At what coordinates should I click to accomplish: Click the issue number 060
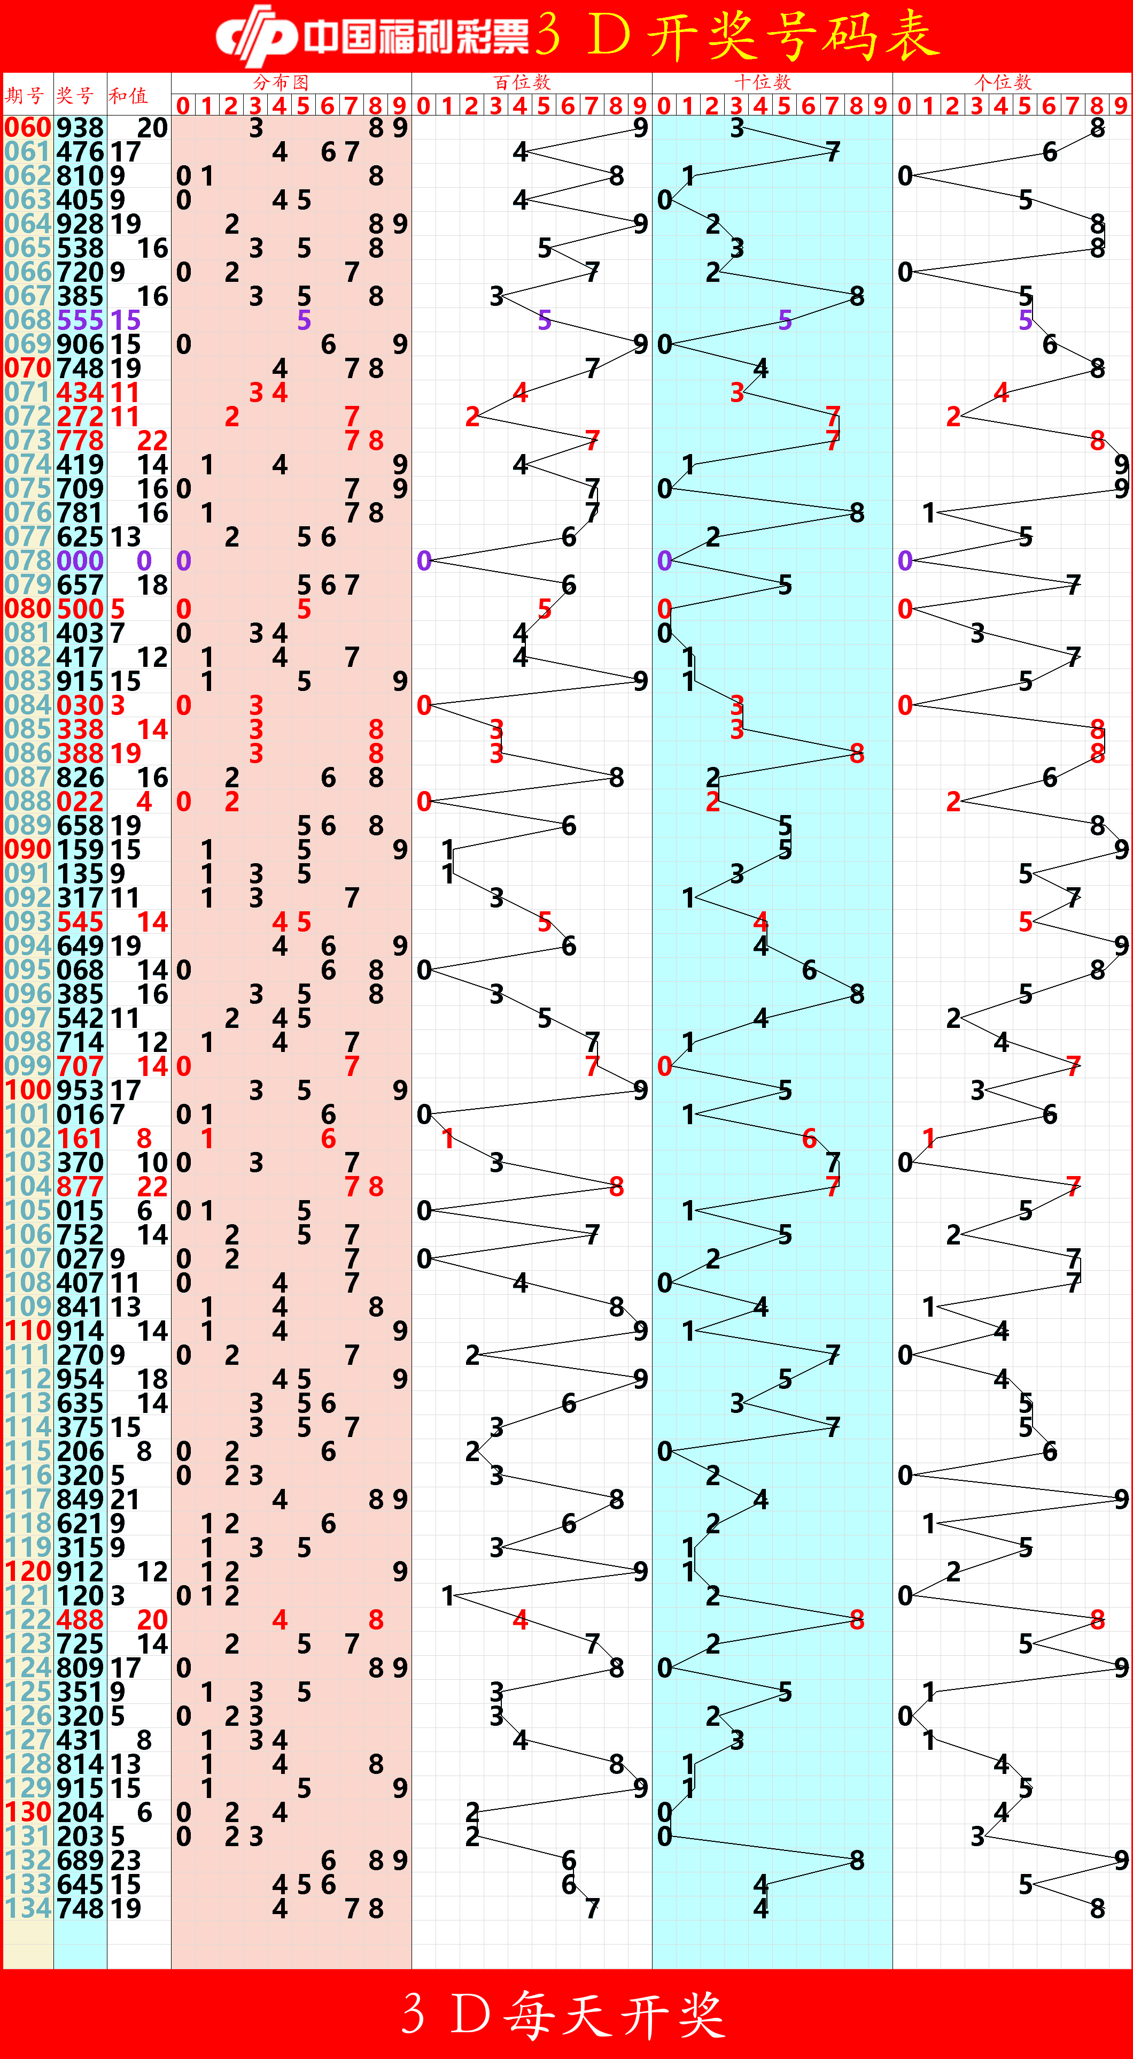click(x=28, y=128)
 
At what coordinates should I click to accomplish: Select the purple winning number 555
click(x=80, y=320)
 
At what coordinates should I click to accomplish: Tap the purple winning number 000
click(x=80, y=561)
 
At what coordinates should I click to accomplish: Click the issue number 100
click(x=28, y=1090)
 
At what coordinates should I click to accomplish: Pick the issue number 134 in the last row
click(x=28, y=1908)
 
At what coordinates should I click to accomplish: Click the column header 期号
click(x=25, y=96)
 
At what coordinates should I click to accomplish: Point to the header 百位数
click(x=522, y=81)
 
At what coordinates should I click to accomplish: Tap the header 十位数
click(x=762, y=81)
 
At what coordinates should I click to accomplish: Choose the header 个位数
click(x=1003, y=81)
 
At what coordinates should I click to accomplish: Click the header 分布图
click(x=281, y=81)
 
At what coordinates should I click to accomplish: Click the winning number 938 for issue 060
click(x=80, y=128)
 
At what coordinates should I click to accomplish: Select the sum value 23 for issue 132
click(x=126, y=1860)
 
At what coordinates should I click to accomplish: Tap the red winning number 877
click(x=80, y=1187)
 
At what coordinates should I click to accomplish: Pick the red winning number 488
click(x=80, y=1619)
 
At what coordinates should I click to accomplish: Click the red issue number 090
click(x=28, y=850)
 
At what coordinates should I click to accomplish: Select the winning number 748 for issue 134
click(x=80, y=1908)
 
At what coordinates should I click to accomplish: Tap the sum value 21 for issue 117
click(x=126, y=1500)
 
